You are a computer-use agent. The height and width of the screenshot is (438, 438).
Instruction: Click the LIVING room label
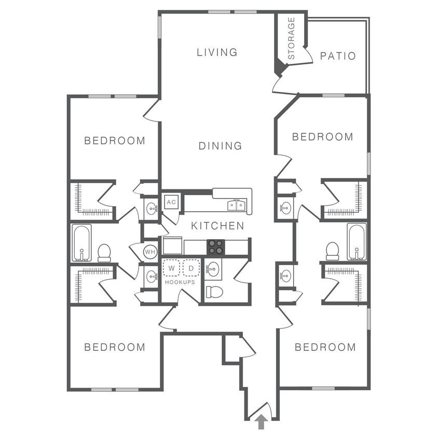217,52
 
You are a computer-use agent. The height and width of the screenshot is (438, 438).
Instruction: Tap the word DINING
220,146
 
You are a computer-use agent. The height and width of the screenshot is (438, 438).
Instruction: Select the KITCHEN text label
217,226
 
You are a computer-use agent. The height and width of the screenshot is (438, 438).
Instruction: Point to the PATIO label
338,56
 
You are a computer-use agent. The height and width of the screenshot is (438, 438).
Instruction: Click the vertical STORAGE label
291,38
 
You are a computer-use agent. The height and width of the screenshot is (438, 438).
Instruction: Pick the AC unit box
171,202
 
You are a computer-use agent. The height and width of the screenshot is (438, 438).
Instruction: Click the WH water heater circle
150,252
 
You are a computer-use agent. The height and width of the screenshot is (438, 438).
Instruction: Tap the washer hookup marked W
171,268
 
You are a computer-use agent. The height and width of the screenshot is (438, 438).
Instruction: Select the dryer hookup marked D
191,268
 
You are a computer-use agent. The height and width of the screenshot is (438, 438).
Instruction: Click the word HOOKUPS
180,282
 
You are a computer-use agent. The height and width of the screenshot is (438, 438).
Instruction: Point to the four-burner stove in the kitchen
216,247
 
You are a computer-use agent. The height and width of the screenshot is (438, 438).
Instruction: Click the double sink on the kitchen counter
236,206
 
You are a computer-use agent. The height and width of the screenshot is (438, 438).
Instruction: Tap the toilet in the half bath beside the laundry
214,292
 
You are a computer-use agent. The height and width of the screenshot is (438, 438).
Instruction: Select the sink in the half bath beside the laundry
213,269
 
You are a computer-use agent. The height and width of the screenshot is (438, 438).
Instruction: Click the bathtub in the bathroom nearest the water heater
81,242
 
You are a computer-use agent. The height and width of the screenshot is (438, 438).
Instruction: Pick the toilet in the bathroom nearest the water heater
104,252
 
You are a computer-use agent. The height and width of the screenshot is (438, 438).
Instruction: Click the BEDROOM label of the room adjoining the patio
322,137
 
